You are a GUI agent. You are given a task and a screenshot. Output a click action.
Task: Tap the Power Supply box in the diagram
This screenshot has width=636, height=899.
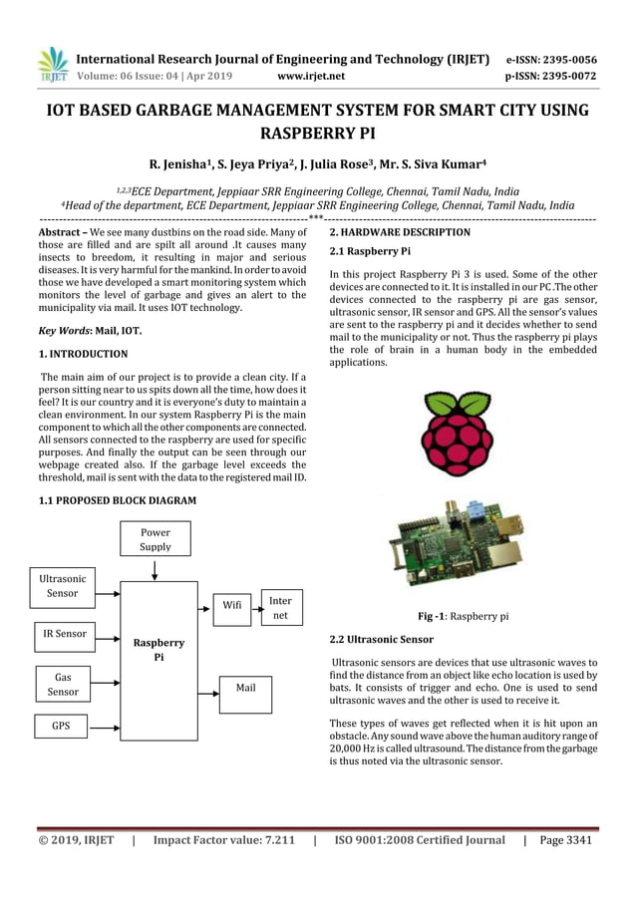[155, 539]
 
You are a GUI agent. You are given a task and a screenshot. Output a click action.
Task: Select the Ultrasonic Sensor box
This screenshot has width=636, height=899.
[63, 586]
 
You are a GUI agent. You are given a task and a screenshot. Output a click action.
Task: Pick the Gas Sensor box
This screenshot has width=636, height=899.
[63, 684]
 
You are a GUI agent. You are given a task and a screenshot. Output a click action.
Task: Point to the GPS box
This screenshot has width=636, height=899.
[62, 727]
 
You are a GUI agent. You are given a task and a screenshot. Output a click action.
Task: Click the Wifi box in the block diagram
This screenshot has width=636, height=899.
[231, 604]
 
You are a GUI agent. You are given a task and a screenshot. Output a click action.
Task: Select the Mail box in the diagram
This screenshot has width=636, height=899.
[244, 688]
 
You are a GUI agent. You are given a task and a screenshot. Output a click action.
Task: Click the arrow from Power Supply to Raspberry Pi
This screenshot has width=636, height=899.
[155, 569]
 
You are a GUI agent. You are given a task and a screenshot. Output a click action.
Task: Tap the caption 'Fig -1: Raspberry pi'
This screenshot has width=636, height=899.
[464, 617]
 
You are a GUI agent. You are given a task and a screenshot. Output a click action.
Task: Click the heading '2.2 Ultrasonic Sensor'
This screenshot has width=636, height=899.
[381, 638]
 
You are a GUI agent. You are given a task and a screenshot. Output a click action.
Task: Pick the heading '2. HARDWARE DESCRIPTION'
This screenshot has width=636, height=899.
[400, 232]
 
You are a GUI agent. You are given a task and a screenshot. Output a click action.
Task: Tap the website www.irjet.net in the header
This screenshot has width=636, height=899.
[313, 74]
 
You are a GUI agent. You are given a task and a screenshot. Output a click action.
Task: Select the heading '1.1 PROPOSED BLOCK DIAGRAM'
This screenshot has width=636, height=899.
[117, 499]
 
